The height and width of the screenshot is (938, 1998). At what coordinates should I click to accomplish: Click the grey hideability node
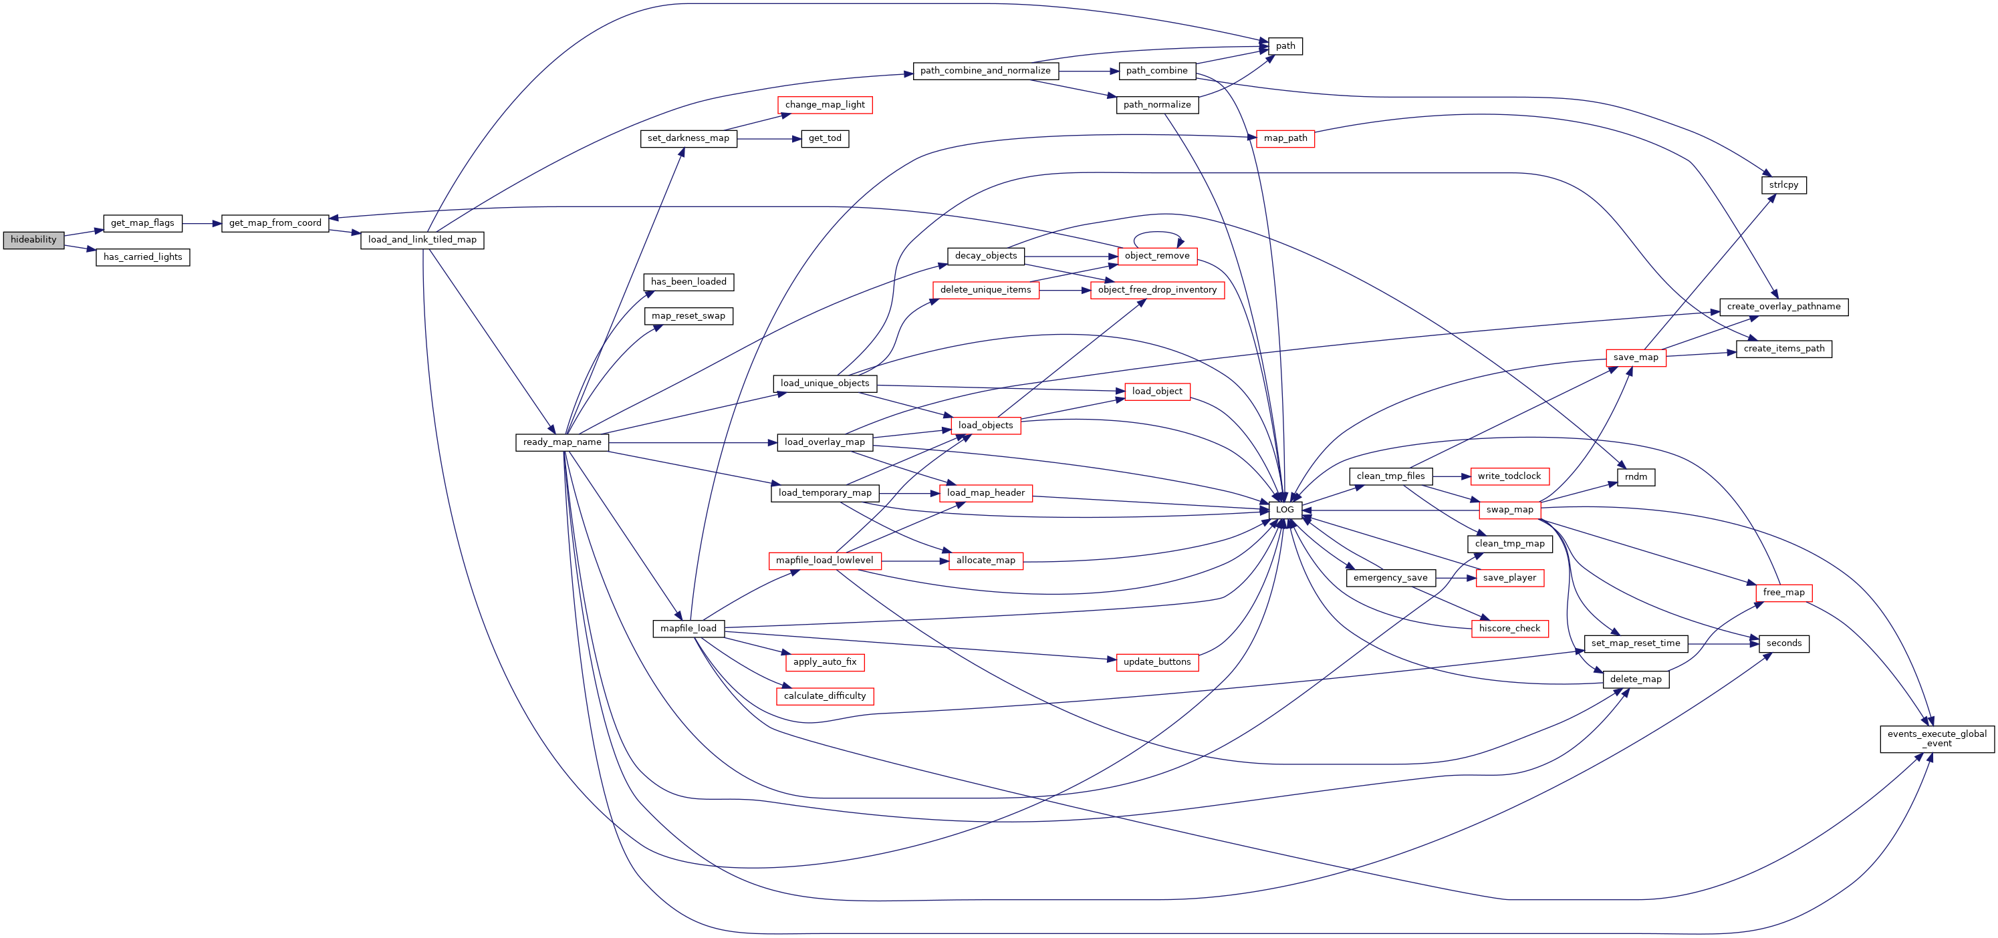pos(33,241)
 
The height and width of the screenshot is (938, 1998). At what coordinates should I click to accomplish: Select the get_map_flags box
pos(143,223)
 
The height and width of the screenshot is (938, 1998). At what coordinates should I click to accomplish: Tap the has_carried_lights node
pos(143,257)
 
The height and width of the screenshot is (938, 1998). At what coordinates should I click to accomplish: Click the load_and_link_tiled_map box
pos(422,241)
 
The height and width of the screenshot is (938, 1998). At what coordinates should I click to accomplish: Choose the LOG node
pos(1285,510)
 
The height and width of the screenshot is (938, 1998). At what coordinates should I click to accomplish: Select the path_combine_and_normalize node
pos(985,71)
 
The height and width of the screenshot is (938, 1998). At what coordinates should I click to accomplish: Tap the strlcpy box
pos(1784,185)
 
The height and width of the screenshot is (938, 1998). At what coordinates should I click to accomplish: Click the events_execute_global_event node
pos(1937,739)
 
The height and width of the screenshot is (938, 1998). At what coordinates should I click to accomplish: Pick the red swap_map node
pos(1509,510)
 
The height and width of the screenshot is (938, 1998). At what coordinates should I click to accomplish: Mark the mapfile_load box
pos(689,629)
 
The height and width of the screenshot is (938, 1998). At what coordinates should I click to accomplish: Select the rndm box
pos(1636,477)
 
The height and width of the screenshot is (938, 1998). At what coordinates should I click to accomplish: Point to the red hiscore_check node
pos(1509,629)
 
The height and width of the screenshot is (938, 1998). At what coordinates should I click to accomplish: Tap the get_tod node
pos(824,139)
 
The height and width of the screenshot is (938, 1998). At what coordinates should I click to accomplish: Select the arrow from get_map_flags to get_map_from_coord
pos(202,223)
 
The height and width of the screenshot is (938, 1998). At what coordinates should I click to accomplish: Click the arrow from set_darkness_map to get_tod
pos(769,139)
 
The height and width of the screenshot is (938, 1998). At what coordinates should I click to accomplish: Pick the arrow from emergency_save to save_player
pos(1456,579)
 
